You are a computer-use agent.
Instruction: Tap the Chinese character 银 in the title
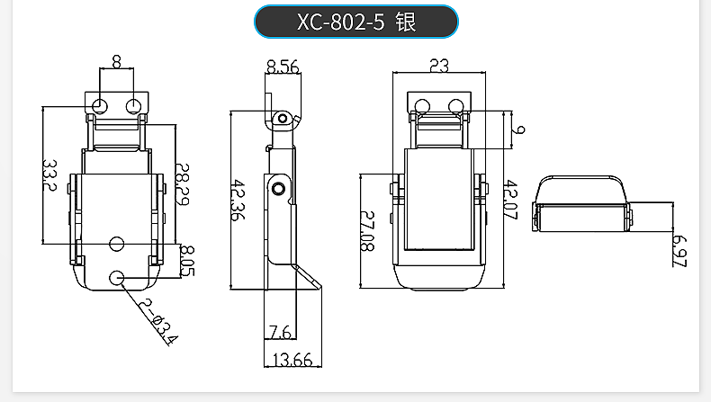(405, 22)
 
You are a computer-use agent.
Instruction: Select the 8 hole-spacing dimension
(116, 63)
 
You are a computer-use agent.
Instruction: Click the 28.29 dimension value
(183, 184)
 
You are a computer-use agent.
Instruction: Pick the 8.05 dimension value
(187, 261)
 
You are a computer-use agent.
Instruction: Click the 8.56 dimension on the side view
(282, 65)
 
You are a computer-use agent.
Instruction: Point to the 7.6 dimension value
(279, 334)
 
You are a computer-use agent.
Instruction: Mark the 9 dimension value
(519, 130)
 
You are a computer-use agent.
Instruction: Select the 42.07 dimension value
(511, 199)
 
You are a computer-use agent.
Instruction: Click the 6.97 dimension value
(679, 251)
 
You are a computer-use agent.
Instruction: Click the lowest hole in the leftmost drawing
(117, 278)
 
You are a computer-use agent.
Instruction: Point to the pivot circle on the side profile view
(279, 188)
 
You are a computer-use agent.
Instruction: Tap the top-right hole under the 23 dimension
(455, 105)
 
